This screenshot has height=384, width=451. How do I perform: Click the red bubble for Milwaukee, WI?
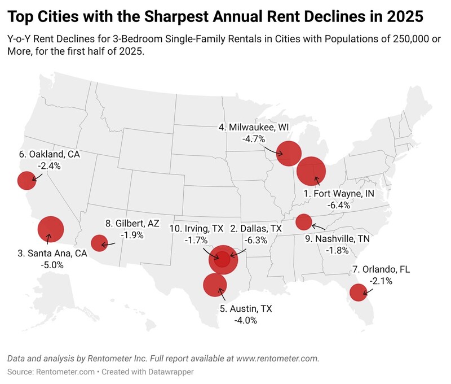point(289,153)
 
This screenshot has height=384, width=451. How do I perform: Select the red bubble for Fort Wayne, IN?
point(311,172)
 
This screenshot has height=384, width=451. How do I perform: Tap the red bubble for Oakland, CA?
point(26,181)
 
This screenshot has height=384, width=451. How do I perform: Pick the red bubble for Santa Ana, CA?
point(51,229)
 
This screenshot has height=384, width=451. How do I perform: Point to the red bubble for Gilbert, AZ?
point(99,243)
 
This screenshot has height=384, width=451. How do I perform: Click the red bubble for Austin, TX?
point(214,285)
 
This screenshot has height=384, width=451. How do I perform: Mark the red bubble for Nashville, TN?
point(304,221)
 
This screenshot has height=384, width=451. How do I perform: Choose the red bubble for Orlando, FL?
point(357,293)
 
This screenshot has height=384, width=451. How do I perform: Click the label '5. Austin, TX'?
point(245,309)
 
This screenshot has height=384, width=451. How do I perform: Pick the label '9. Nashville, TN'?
point(337,239)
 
